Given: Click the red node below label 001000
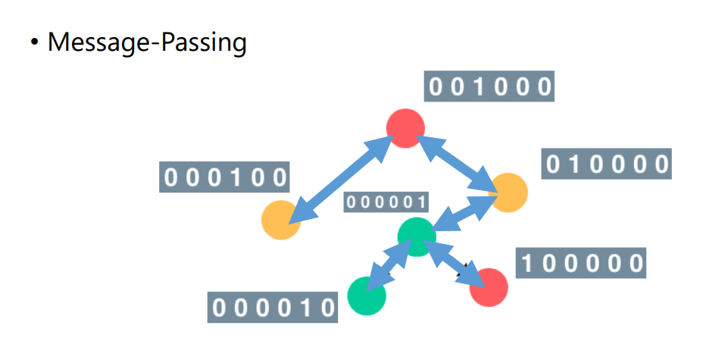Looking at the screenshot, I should [x=405, y=127].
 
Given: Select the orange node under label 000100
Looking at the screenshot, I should [x=281, y=220].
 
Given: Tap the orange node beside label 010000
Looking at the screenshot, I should [x=509, y=193].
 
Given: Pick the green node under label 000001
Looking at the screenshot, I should [x=417, y=236].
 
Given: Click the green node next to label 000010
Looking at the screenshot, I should [x=367, y=296].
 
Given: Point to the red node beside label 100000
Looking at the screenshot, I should [x=489, y=287].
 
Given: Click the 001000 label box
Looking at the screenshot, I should [x=490, y=87].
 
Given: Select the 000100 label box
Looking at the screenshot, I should [x=226, y=177].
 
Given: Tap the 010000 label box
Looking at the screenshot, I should [x=607, y=164].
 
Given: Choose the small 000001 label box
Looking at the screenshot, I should [x=386, y=202].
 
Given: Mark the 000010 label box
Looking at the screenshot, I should [x=273, y=307].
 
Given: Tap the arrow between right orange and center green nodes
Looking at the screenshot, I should [x=464, y=214].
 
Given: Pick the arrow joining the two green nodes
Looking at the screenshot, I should [x=391, y=266].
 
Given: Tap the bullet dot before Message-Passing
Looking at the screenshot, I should [x=34, y=42].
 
